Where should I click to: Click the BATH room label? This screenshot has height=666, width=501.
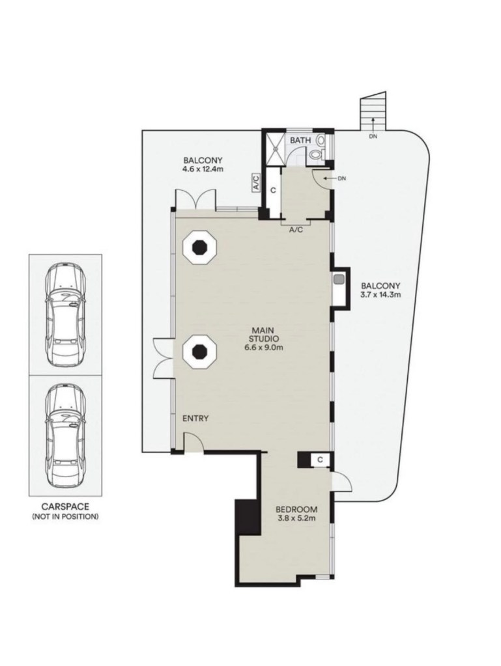[300, 140]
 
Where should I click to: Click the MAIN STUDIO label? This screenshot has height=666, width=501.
[265, 334]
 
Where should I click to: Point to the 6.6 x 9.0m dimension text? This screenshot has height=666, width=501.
[264, 348]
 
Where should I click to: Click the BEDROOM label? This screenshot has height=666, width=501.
[296, 509]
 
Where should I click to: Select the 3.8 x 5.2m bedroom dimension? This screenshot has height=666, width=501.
[296, 518]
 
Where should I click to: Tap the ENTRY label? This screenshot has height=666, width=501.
[195, 419]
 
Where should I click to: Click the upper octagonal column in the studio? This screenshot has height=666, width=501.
[199, 246]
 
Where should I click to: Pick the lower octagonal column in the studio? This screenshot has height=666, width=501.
[199, 352]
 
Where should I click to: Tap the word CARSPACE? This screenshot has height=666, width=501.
[65, 506]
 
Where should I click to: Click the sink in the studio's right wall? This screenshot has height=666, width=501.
[339, 280]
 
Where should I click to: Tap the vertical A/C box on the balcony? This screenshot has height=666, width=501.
[256, 182]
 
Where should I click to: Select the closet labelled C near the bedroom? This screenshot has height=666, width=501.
[320, 460]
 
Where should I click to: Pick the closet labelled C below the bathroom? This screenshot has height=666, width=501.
[273, 191]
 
